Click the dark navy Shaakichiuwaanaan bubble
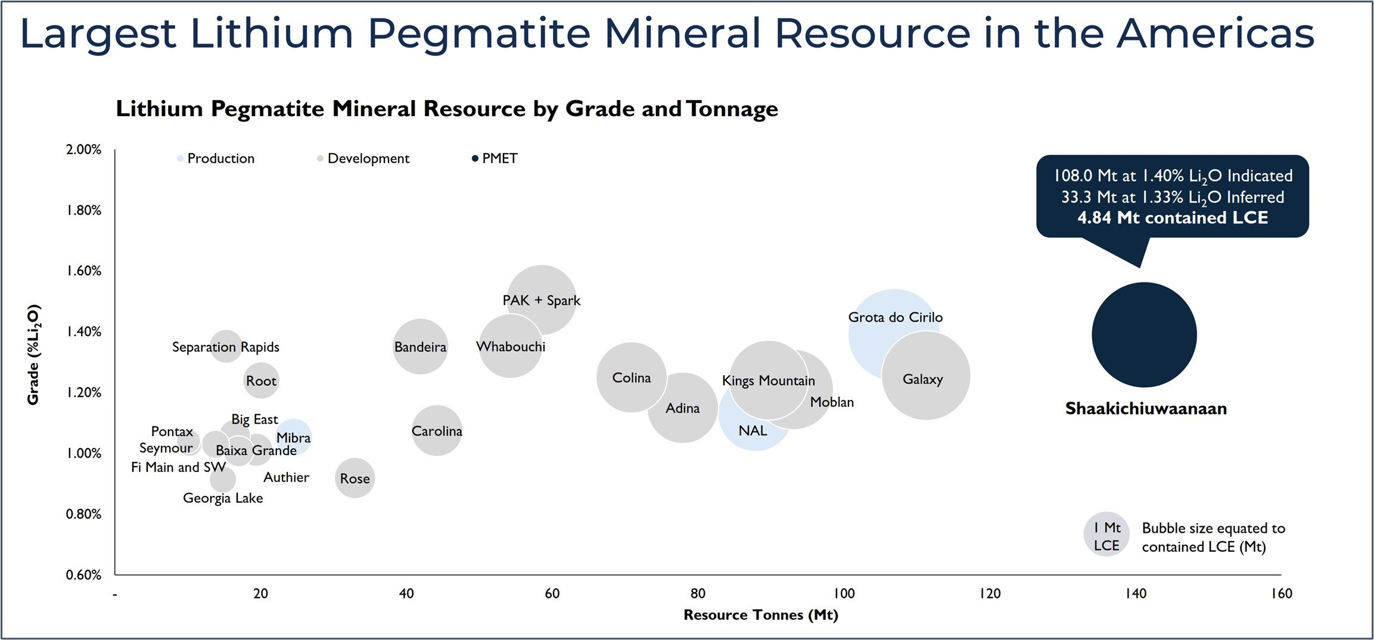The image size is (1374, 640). point(1144,335)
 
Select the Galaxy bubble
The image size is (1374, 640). point(925,375)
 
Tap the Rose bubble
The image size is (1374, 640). point(355,478)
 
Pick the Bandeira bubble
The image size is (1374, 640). point(420,346)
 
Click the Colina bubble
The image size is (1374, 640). point(631,377)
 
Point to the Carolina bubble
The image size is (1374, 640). point(437,430)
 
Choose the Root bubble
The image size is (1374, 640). point(261,380)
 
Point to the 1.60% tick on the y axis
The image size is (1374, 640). point(83,271)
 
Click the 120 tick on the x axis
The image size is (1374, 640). point(990,594)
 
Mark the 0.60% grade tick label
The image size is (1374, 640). point(83,574)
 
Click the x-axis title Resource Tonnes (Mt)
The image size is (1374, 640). point(760,615)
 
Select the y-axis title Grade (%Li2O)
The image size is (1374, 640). point(33,355)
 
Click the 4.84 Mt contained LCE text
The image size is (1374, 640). point(1172,218)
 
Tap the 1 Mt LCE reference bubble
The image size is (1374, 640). point(1106,535)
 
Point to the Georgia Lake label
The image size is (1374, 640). point(223,498)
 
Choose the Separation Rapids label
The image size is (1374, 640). point(225,347)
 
